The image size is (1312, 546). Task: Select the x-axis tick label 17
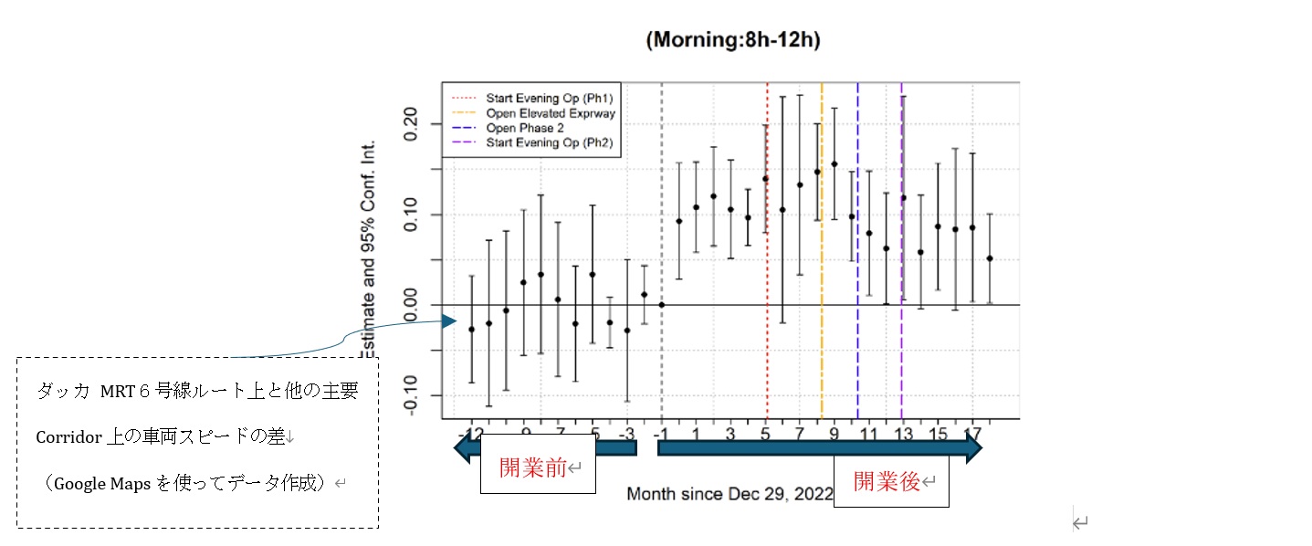[x=973, y=433]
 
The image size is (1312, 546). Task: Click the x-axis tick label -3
[x=627, y=433]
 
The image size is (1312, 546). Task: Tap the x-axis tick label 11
[x=868, y=433]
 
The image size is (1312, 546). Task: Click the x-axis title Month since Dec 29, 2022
[x=729, y=494]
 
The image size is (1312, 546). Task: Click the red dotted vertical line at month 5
[x=767, y=274]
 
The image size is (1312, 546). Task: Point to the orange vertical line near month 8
[x=822, y=274]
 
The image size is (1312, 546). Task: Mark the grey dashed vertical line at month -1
[x=662, y=228]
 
